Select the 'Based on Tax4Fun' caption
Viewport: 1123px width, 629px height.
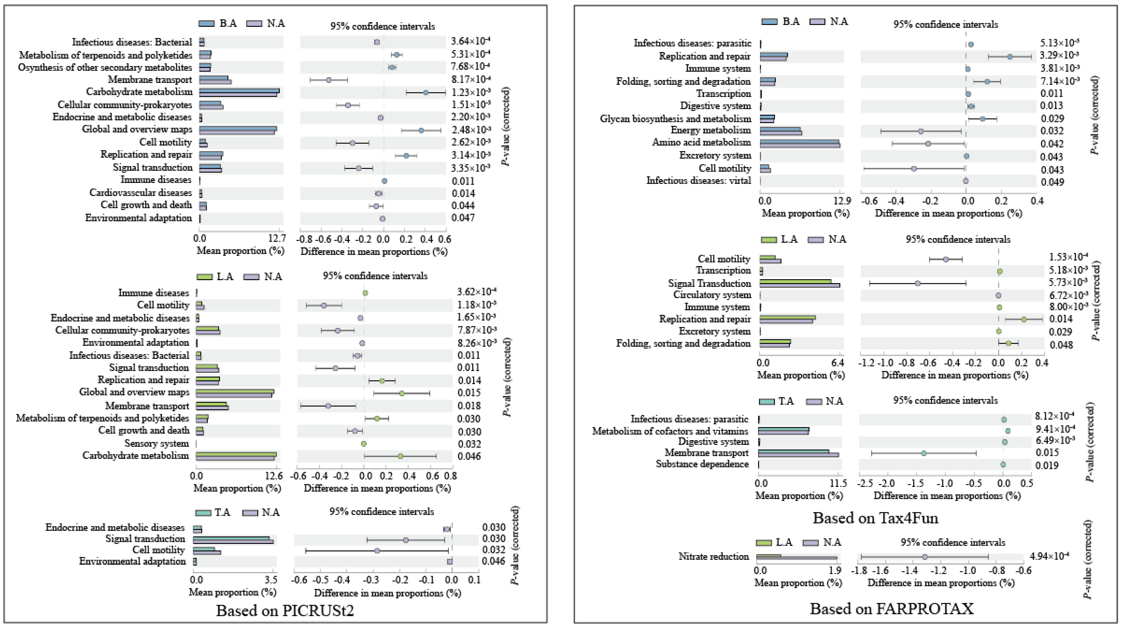(875, 518)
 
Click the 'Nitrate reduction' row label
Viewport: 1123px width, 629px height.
(714, 557)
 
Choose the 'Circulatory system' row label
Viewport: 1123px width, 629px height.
(712, 295)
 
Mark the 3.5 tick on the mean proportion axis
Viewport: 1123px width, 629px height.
(271, 580)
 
